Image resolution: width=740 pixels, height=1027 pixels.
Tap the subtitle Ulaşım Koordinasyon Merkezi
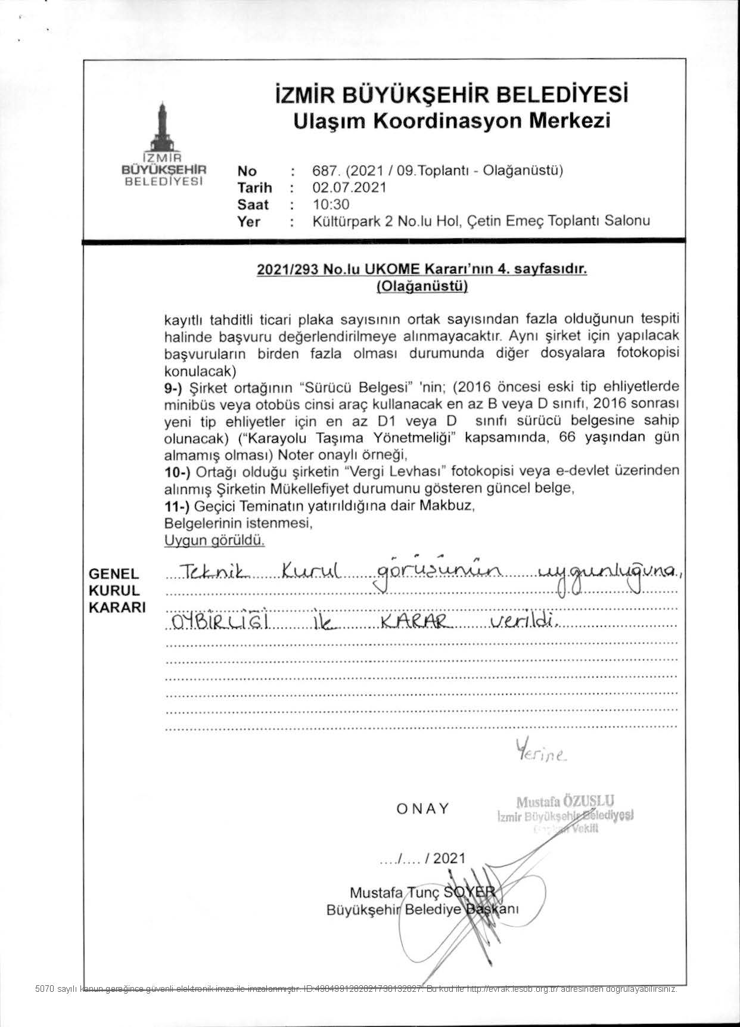(452, 121)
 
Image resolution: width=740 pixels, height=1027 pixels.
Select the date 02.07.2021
(349, 187)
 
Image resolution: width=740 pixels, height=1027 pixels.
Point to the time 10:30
(331, 204)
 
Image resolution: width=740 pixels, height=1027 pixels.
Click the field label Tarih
(254, 188)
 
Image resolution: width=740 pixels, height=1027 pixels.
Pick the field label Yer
(248, 222)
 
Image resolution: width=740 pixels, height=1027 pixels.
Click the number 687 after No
(322, 170)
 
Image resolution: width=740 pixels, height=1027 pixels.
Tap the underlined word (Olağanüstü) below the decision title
(422, 287)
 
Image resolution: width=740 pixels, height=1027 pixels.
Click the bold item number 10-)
(178, 471)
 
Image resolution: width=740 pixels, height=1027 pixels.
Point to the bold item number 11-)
(177, 506)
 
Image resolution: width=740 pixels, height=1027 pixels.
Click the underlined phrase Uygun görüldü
(214, 541)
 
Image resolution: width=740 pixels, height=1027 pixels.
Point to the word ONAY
(422, 809)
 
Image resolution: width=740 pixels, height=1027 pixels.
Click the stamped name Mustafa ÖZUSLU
(565, 800)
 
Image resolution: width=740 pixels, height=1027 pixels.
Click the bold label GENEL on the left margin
(114, 574)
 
